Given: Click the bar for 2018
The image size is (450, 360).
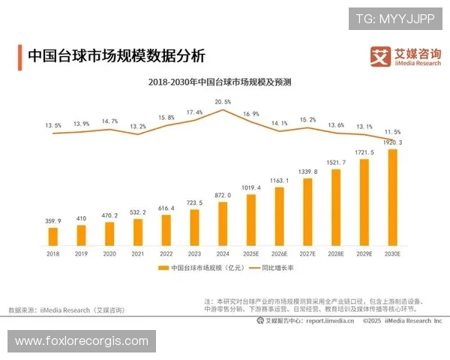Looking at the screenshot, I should (x=53, y=236).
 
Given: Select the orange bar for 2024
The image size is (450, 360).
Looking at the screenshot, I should (x=223, y=223).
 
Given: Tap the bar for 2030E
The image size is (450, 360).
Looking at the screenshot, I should (x=392, y=197).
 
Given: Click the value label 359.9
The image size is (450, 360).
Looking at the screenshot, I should (x=53, y=220).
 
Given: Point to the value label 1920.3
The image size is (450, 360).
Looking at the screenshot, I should (x=390, y=142).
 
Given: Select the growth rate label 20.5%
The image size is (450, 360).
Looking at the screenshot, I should (x=223, y=101).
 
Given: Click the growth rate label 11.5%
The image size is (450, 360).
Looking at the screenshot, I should (x=392, y=132).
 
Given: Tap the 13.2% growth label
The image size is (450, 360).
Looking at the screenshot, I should (x=138, y=127).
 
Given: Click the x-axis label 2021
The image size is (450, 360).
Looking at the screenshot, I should (x=138, y=255).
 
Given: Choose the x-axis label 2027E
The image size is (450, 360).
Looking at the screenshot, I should (x=307, y=255).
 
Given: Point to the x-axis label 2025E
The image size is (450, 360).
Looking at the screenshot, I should (x=251, y=255).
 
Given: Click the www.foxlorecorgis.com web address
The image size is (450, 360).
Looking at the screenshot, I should (x=81, y=341).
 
